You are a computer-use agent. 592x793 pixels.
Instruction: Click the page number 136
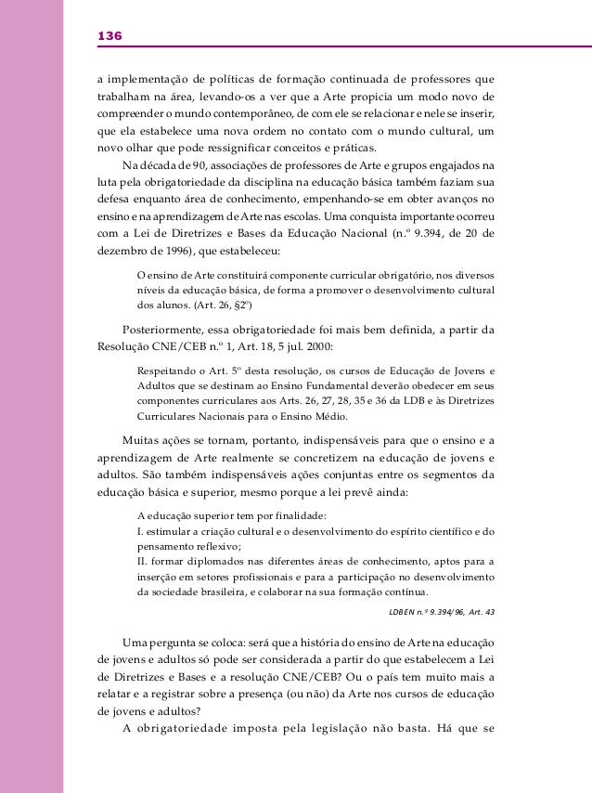(109, 35)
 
